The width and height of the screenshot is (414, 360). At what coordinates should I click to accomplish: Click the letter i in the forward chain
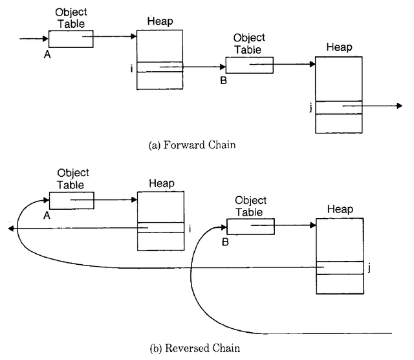(x=132, y=67)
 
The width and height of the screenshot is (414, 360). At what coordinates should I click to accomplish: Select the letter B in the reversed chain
(x=224, y=242)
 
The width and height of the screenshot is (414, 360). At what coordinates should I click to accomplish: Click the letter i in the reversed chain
(x=190, y=228)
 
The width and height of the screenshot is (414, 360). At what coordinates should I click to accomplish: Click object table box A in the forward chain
(x=71, y=39)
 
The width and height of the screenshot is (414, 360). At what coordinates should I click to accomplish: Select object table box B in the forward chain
(x=249, y=65)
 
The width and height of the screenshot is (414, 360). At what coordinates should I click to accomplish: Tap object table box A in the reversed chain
(x=71, y=201)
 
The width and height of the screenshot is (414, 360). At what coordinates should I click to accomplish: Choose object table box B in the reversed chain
(x=250, y=226)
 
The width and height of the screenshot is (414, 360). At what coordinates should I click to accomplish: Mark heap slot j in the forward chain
(x=339, y=107)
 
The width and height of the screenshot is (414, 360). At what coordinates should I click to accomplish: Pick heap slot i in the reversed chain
(x=160, y=227)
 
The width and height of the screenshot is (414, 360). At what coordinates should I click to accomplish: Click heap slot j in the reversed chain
(x=339, y=267)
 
